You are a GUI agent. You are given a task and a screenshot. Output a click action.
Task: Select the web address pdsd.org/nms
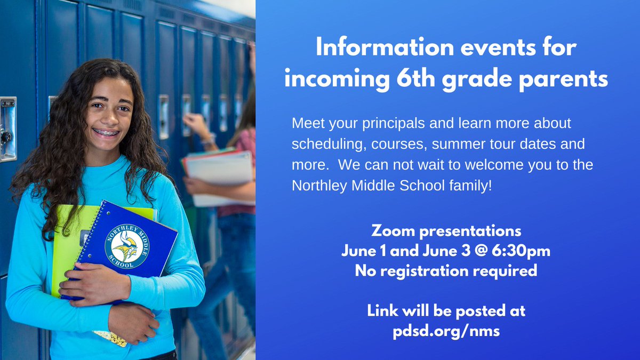pos(446,331)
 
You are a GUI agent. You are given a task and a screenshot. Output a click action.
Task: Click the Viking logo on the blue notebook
pos(127,246)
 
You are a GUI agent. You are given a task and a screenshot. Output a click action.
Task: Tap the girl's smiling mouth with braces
pos(106,132)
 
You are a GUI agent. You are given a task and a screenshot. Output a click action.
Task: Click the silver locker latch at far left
pos(8,128)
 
